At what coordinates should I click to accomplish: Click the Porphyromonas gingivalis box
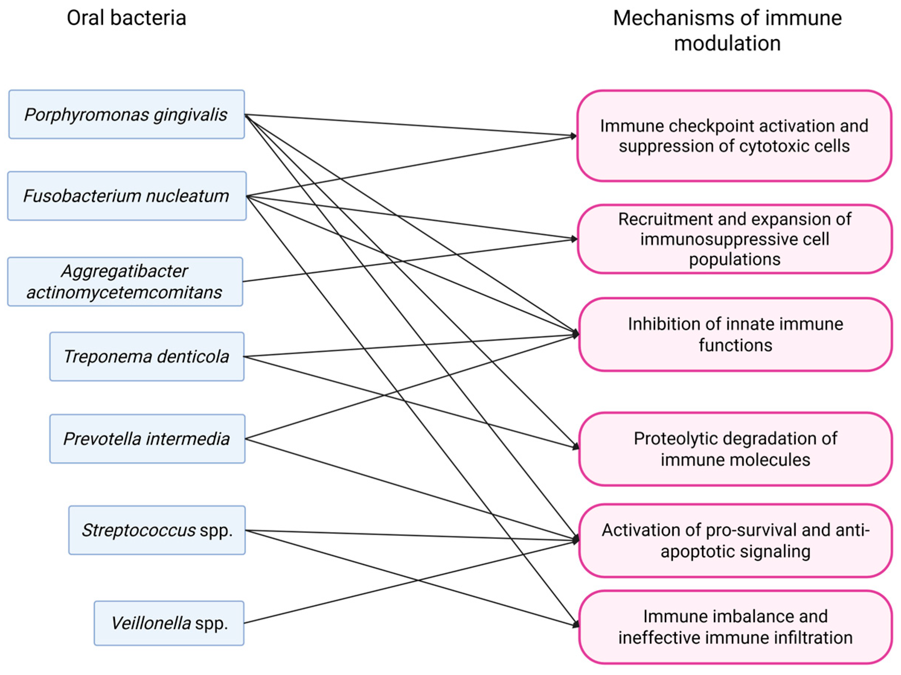click(126, 115)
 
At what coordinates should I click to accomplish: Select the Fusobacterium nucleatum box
click(126, 196)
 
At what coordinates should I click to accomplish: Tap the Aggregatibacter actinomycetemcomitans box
click(125, 281)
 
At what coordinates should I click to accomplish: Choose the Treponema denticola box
click(147, 357)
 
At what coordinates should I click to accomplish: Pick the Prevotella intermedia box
click(147, 439)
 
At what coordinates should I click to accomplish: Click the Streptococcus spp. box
click(157, 530)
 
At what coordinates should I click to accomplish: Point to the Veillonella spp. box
click(169, 623)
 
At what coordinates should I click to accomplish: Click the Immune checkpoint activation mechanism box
click(734, 136)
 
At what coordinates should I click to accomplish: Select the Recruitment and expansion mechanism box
click(734, 239)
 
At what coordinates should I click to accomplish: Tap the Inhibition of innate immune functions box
click(735, 334)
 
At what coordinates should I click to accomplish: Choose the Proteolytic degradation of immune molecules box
click(735, 449)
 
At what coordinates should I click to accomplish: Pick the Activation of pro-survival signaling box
click(735, 541)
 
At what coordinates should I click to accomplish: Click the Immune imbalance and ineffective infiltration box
click(735, 627)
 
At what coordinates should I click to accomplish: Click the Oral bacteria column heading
click(126, 18)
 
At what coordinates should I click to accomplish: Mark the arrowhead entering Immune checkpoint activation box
click(574, 136)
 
